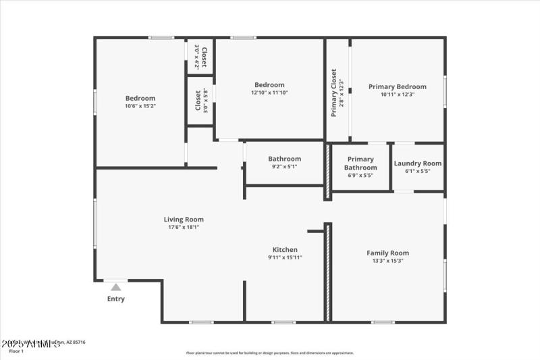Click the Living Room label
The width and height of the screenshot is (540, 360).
[184, 220]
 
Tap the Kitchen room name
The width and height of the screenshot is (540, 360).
[285, 249]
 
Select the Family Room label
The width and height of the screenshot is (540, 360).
[387, 253]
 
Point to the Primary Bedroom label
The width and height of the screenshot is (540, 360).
[397, 86]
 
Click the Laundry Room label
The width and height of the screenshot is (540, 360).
[417, 163]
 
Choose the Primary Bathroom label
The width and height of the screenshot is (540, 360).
[360, 163]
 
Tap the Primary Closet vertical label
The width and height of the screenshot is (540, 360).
[333, 93]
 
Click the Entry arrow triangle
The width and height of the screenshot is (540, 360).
[116, 287]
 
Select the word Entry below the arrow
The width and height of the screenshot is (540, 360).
[116, 299]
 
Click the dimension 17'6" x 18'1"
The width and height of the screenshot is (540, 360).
[184, 228]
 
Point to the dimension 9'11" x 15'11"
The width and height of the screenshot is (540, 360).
[285, 257]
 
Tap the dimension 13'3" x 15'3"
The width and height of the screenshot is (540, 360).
[387, 261]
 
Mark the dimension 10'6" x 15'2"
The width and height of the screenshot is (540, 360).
[140, 106]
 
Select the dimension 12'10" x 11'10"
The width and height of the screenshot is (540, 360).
[269, 93]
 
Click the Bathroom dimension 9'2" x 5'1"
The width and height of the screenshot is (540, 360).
[284, 167]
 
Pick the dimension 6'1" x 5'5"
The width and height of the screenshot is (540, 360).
[417, 172]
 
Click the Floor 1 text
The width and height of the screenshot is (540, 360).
[16, 351]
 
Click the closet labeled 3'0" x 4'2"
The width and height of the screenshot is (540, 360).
[200, 56]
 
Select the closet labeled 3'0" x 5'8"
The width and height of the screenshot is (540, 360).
[200, 101]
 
